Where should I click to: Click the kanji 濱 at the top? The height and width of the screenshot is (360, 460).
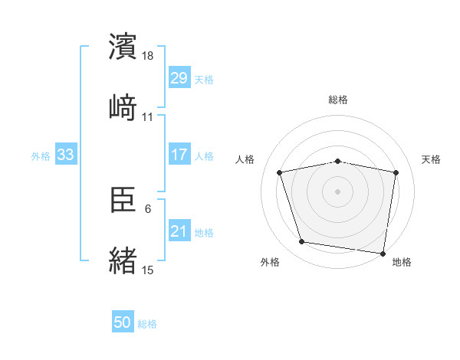point(123,47)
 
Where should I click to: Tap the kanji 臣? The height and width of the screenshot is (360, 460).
point(123,201)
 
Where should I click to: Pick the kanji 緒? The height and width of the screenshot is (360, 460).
point(123,260)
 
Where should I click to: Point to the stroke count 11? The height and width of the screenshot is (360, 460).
point(148,116)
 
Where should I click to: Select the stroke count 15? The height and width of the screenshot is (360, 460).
point(148,270)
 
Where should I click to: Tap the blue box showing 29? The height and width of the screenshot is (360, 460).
point(179,77)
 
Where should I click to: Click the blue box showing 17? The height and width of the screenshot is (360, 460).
point(179,155)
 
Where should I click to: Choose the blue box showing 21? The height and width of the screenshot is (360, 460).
point(179,231)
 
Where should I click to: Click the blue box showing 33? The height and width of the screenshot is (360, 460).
point(66,155)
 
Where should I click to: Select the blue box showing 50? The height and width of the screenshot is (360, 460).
point(123,322)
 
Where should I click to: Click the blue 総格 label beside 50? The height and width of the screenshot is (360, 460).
point(147,324)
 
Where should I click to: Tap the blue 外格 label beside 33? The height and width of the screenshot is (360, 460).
point(41,156)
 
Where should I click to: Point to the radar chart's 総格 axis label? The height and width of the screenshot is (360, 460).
point(338,100)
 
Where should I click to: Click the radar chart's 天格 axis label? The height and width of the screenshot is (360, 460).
point(432,159)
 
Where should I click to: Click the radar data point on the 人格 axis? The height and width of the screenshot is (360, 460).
point(280,172)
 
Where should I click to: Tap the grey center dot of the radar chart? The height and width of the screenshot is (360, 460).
point(338,191)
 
